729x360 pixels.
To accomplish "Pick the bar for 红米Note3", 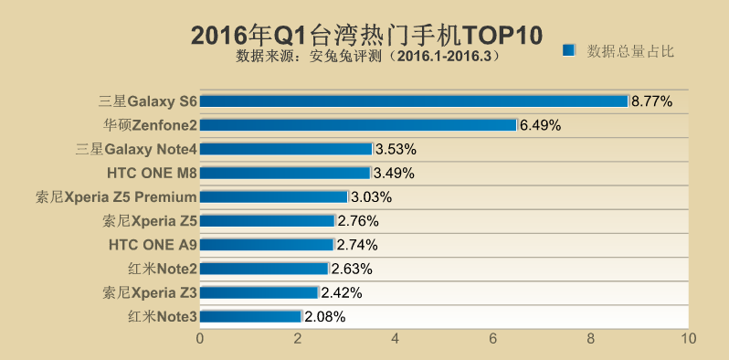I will [x=250, y=316].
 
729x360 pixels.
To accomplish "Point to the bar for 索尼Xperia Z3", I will [x=259, y=292].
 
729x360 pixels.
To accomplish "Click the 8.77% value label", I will [x=651, y=101].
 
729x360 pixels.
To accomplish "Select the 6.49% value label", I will [x=540, y=124].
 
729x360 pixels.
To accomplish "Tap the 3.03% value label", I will [x=371, y=196].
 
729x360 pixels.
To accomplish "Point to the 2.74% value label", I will [x=357, y=245].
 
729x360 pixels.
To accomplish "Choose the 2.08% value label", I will [x=325, y=317].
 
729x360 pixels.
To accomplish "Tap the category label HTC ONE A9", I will [x=153, y=245].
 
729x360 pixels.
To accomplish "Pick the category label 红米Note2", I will [x=162, y=269].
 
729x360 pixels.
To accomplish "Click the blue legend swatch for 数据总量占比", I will [x=569, y=50].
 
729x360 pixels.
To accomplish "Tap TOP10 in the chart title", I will [x=502, y=34].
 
